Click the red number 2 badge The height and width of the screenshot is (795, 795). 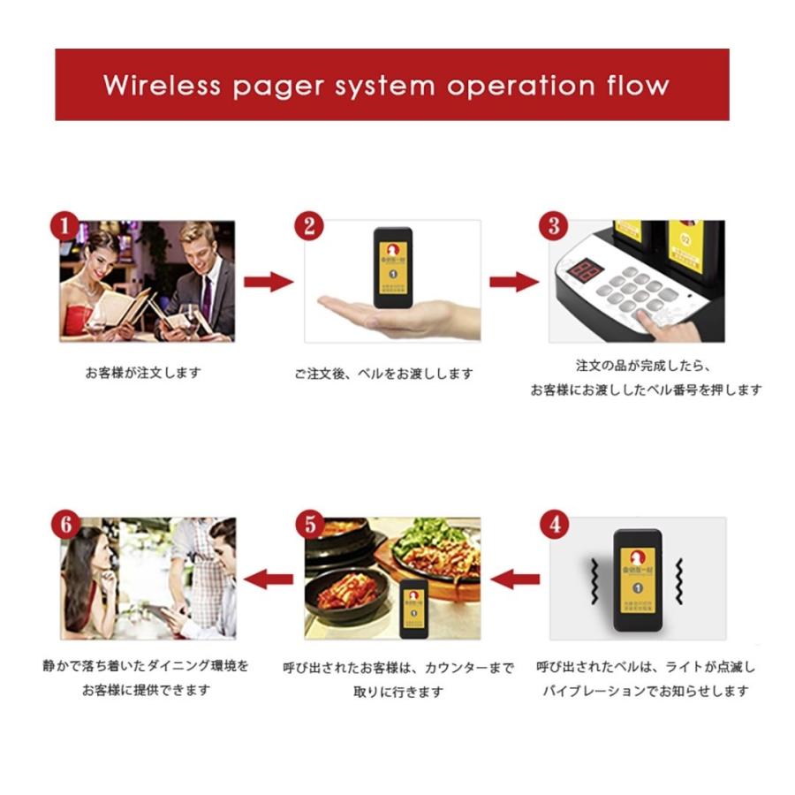coord(309,226)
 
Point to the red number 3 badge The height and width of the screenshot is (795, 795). coord(554,226)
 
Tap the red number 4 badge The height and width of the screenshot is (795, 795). coord(554,524)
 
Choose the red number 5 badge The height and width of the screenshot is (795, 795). coord(309,524)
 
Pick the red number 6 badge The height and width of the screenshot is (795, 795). coord(64,524)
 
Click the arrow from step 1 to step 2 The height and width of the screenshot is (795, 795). coord(268,283)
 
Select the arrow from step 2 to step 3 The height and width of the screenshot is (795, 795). coord(513,283)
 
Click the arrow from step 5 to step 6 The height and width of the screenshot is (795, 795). coord(268,579)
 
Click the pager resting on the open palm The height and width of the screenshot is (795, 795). coord(392,268)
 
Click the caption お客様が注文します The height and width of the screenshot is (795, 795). coord(142,373)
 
